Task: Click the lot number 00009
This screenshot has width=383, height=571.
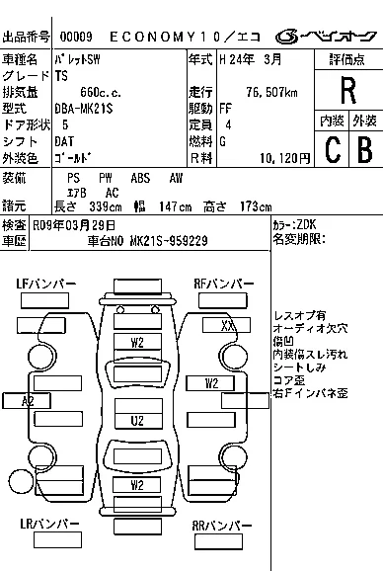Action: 76,38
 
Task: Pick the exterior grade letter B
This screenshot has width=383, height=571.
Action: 363,149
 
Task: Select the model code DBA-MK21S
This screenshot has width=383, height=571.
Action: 86,108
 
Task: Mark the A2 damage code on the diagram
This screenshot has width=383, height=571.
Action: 28,400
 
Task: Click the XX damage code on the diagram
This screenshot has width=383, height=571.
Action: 228,324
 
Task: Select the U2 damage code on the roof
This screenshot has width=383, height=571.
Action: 138,421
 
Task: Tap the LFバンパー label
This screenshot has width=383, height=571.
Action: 45,285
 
